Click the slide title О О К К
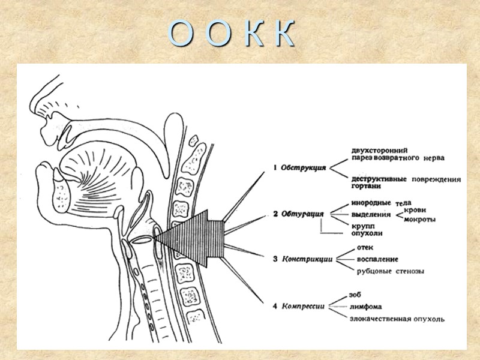coord(232,34)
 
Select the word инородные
coord(371,203)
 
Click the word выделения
coord(371,214)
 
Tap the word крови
coord(416,210)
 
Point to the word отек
coord(365,248)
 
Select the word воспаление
coord(378,259)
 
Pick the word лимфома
coord(366,307)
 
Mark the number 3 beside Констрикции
coord(275,259)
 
